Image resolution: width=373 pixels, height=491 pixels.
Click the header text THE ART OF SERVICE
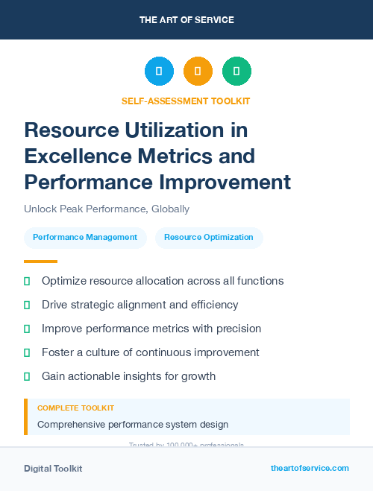point(186,19)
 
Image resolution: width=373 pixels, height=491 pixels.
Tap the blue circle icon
point(159,72)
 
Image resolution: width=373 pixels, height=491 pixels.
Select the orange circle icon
point(198,72)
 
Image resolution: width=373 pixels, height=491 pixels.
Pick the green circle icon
point(236,72)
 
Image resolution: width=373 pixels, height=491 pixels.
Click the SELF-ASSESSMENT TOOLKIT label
point(186,101)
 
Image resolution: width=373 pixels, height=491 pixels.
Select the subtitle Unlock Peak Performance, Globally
point(107,209)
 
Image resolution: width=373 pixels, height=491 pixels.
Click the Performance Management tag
point(84,238)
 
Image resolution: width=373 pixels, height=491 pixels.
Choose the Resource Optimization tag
point(209,238)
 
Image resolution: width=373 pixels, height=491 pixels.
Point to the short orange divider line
point(40,262)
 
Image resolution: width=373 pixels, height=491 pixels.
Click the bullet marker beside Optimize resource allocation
point(27,281)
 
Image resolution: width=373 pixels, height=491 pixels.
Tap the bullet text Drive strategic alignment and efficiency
point(140,305)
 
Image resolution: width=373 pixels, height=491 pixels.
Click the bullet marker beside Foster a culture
point(27,352)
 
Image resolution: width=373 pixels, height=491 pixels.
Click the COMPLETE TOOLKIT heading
point(75,408)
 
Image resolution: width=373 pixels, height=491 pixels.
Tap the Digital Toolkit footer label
point(53,469)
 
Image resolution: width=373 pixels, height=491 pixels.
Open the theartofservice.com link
point(310,468)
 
